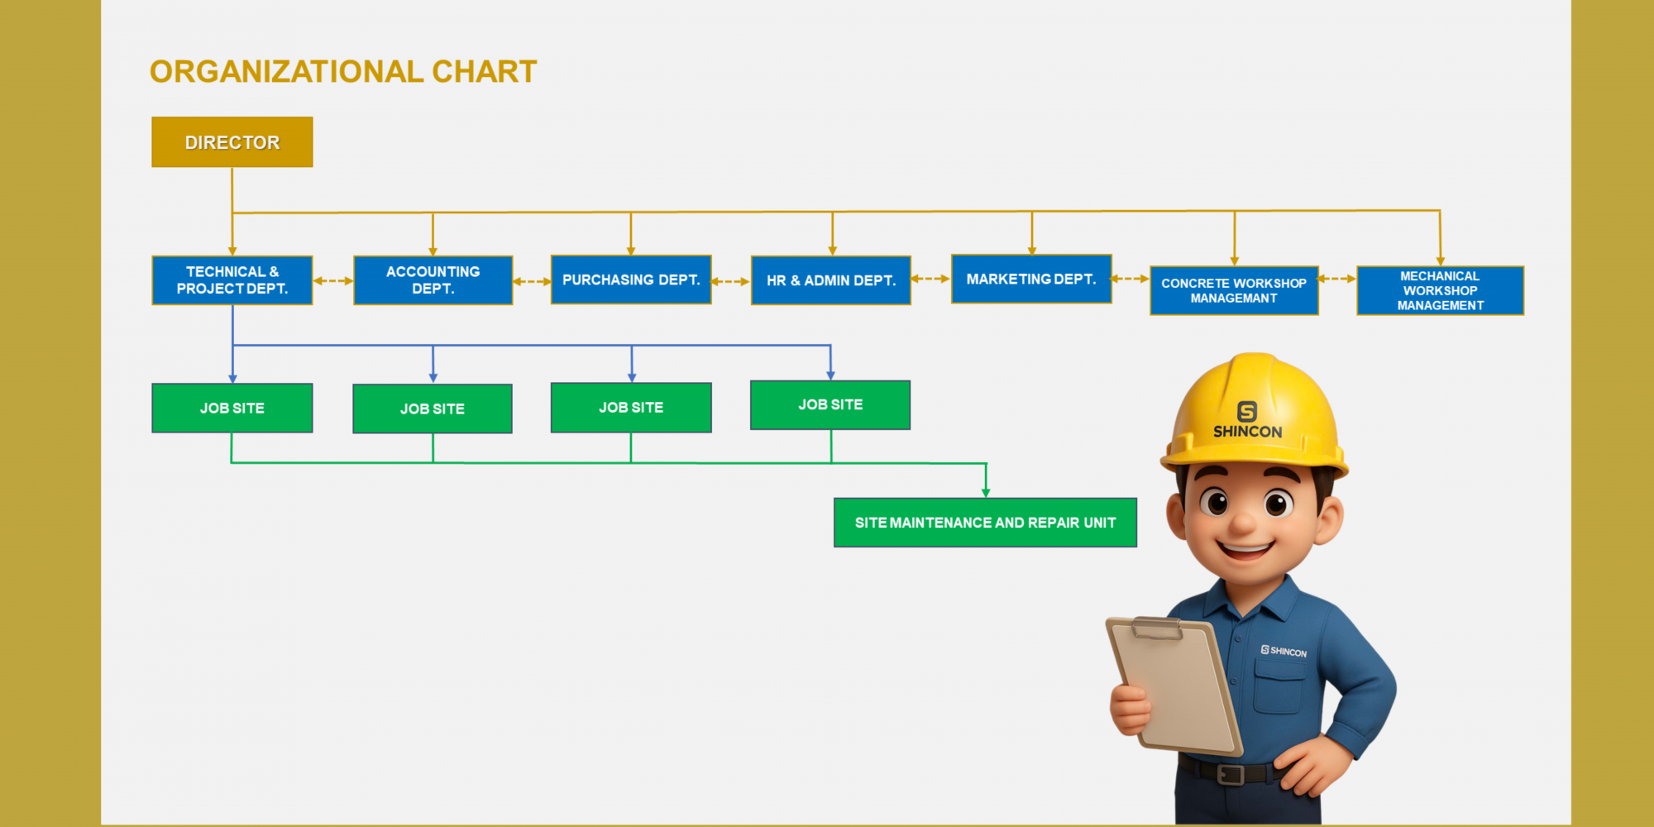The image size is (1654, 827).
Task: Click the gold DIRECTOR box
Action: tap(232, 142)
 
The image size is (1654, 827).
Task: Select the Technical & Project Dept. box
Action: tap(232, 280)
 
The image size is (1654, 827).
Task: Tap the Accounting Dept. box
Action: tap(433, 280)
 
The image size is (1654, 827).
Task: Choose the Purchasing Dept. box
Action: tap(631, 280)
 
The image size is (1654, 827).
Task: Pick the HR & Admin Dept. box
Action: tap(831, 280)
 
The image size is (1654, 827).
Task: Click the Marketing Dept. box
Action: tap(1031, 279)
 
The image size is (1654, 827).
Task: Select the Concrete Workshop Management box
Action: tap(1234, 290)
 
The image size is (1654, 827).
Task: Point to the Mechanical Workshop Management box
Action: tap(1441, 290)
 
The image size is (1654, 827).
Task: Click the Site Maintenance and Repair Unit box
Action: tap(986, 523)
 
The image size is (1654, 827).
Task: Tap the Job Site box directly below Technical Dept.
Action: tap(232, 408)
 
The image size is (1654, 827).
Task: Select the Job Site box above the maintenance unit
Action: tap(830, 405)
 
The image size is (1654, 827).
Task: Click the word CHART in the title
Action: tap(485, 72)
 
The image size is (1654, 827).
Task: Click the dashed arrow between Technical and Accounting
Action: tap(333, 281)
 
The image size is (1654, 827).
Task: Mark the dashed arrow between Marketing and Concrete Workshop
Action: tap(1131, 279)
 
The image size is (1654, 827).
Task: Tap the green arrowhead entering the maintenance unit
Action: tap(986, 493)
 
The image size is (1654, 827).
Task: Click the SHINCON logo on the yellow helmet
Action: tap(1247, 420)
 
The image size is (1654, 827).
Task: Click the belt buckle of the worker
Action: tap(1231, 774)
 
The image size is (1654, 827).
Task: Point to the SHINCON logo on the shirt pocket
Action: tap(1284, 652)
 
